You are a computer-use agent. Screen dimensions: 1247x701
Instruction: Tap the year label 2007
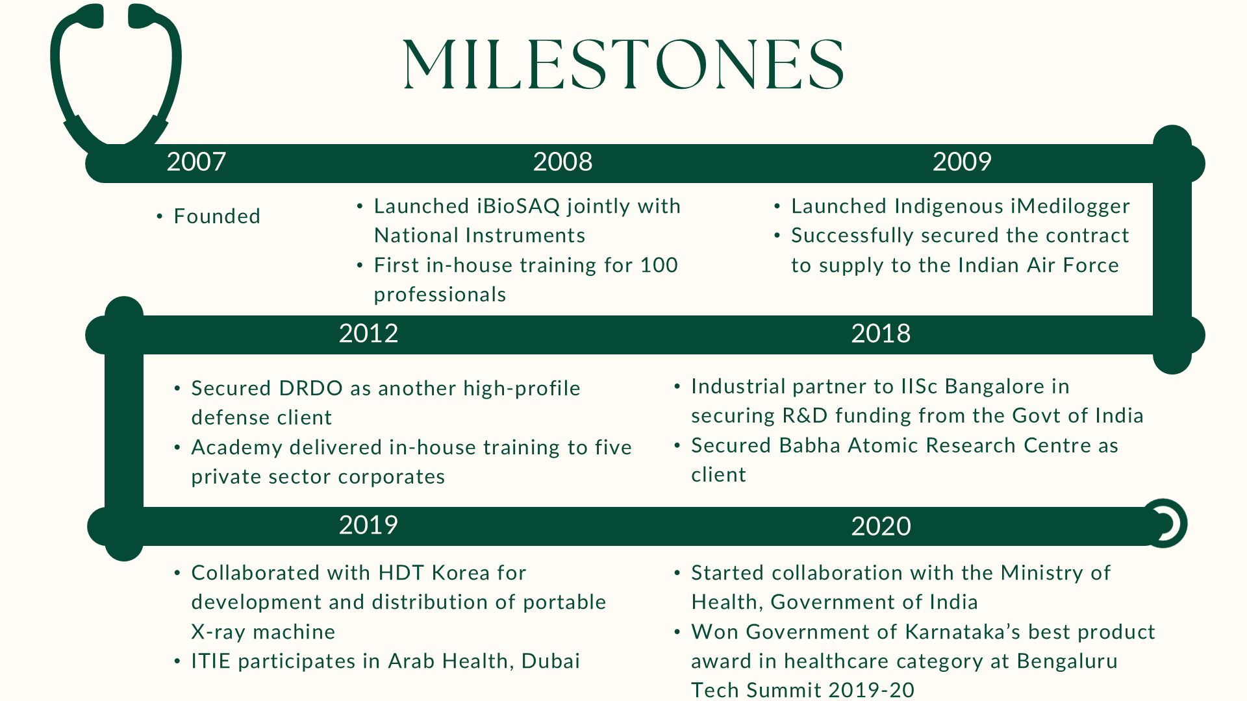196,162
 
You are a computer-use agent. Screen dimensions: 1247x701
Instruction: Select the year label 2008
562,162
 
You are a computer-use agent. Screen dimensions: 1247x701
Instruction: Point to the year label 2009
962,162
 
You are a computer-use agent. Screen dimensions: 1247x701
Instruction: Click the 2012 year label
368,334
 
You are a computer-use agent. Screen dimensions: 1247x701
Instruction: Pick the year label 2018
881,334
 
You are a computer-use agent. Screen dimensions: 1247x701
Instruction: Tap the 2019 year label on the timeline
368,525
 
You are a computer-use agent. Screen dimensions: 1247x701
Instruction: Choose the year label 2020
881,526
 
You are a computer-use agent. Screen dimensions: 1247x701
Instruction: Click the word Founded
217,216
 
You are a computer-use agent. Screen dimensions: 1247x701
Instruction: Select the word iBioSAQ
518,206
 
